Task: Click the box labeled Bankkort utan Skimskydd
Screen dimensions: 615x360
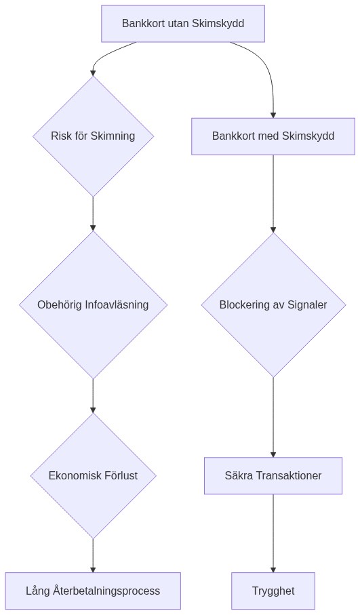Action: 182,24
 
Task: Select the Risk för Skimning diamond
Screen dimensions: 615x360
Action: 93,136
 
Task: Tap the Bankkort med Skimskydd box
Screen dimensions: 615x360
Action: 273,136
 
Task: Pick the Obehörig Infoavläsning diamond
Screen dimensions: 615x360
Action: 93,305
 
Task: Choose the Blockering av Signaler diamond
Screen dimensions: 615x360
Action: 273,305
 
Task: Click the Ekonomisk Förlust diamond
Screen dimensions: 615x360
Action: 93,476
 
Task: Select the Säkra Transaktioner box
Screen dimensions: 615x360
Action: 273,476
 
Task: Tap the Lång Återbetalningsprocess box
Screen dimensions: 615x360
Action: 93,591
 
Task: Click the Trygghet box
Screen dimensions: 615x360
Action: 273,591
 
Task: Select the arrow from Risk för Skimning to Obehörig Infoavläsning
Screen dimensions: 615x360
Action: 93,214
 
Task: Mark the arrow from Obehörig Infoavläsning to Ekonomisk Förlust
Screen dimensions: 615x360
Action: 93,396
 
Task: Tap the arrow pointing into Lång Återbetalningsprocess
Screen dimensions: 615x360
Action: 93,556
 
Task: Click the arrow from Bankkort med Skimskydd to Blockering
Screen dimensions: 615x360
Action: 273,194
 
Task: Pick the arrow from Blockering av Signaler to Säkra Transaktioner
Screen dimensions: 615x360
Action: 273,417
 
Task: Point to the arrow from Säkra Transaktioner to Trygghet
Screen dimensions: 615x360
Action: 273,534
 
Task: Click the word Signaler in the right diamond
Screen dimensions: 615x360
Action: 306,305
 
